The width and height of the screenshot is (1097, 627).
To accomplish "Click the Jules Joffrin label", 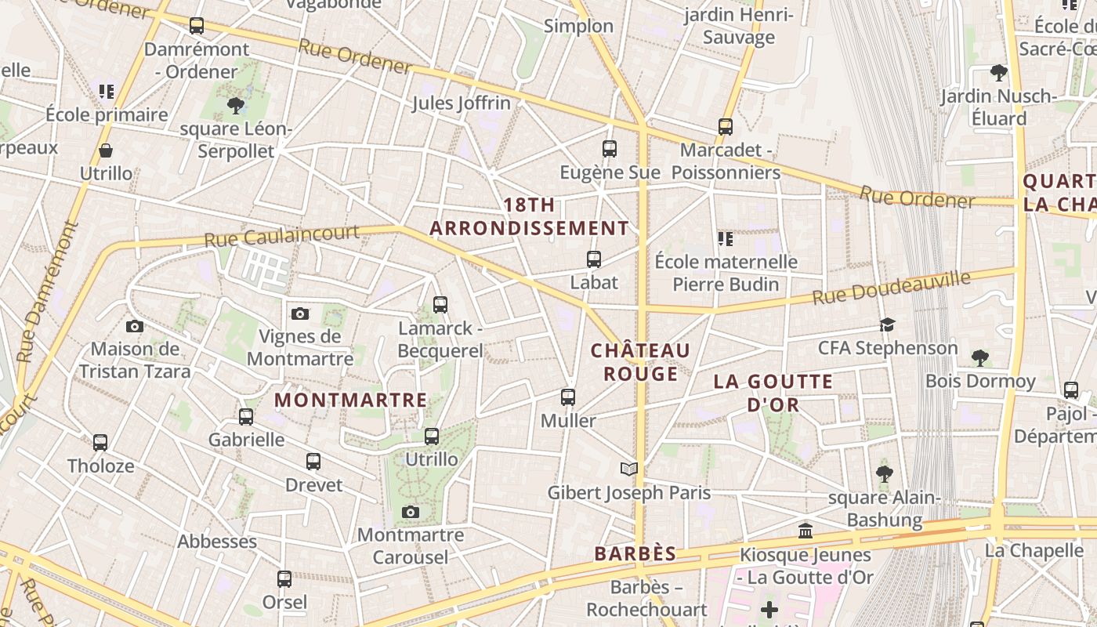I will (x=461, y=103).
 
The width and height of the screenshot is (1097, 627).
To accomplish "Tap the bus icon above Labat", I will (x=594, y=259).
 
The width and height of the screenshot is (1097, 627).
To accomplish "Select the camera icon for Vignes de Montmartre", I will (x=299, y=313).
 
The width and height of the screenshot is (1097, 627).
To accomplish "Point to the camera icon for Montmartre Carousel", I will (x=410, y=512).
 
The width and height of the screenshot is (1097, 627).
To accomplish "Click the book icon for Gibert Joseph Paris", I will (x=628, y=469).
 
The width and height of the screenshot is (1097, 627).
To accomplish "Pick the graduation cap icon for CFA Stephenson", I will (x=887, y=324).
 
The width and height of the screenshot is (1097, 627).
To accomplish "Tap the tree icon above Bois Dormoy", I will (x=979, y=358).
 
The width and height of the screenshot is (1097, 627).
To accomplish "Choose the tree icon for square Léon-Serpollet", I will (x=235, y=105).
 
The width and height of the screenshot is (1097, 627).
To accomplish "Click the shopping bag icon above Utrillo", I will (x=106, y=150).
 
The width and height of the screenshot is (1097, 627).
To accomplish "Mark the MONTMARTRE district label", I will (x=351, y=400).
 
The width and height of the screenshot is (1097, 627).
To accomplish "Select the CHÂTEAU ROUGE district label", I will (x=641, y=361).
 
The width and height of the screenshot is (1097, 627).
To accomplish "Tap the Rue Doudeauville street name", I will (x=891, y=288).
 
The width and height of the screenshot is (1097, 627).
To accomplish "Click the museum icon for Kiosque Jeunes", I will (x=806, y=531).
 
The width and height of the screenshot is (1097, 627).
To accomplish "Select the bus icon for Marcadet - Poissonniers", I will (x=726, y=126).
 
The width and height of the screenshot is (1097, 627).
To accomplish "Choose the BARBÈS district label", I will (x=635, y=553).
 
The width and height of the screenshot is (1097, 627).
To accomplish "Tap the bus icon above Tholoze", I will (x=100, y=442).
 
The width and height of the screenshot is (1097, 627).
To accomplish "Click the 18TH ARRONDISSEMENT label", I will (x=529, y=216).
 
